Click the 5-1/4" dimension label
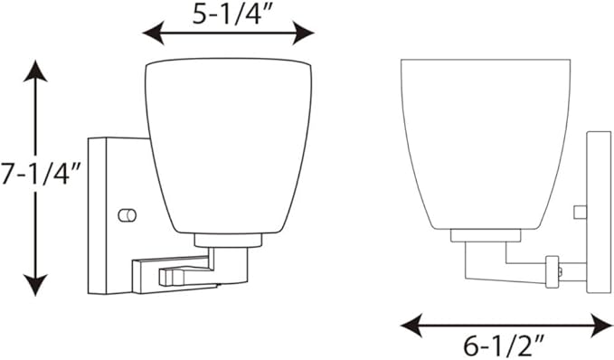(x=231, y=15)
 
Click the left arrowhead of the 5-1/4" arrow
(x=153, y=33)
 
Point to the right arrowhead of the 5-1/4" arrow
(x=304, y=33)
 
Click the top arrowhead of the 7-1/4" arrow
(x=35, y=71)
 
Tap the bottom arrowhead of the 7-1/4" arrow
(x=35, y=285)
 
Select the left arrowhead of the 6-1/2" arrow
(x=412, y=325)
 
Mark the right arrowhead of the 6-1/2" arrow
(x=601, y=325)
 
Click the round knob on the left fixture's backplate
(x=128, y=215)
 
